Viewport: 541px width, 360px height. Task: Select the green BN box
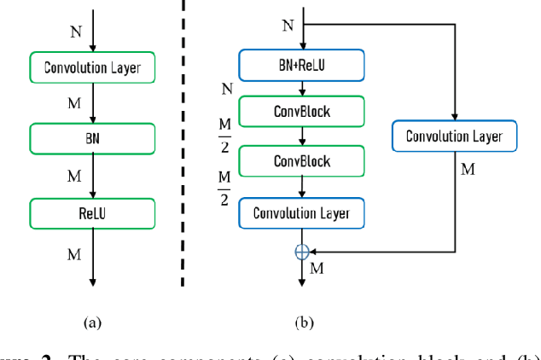pos(91,136)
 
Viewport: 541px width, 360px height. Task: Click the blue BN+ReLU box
pos(301,63)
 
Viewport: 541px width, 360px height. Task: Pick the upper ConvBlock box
pos(301,112)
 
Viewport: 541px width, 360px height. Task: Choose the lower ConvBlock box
pos(301,161)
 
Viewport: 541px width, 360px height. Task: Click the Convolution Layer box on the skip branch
pos(454,136)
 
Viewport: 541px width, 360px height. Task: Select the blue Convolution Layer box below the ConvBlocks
pos(301,212)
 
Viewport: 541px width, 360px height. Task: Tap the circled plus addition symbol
pos(301,252)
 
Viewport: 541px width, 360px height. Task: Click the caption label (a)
pos(91,322)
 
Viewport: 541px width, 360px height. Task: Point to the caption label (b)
pos(303,322)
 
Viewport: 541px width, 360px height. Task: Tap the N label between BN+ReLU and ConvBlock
pos(227,89)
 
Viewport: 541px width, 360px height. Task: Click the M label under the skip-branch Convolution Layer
pos(468,169)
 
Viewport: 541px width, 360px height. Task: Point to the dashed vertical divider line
pos(183,145)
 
